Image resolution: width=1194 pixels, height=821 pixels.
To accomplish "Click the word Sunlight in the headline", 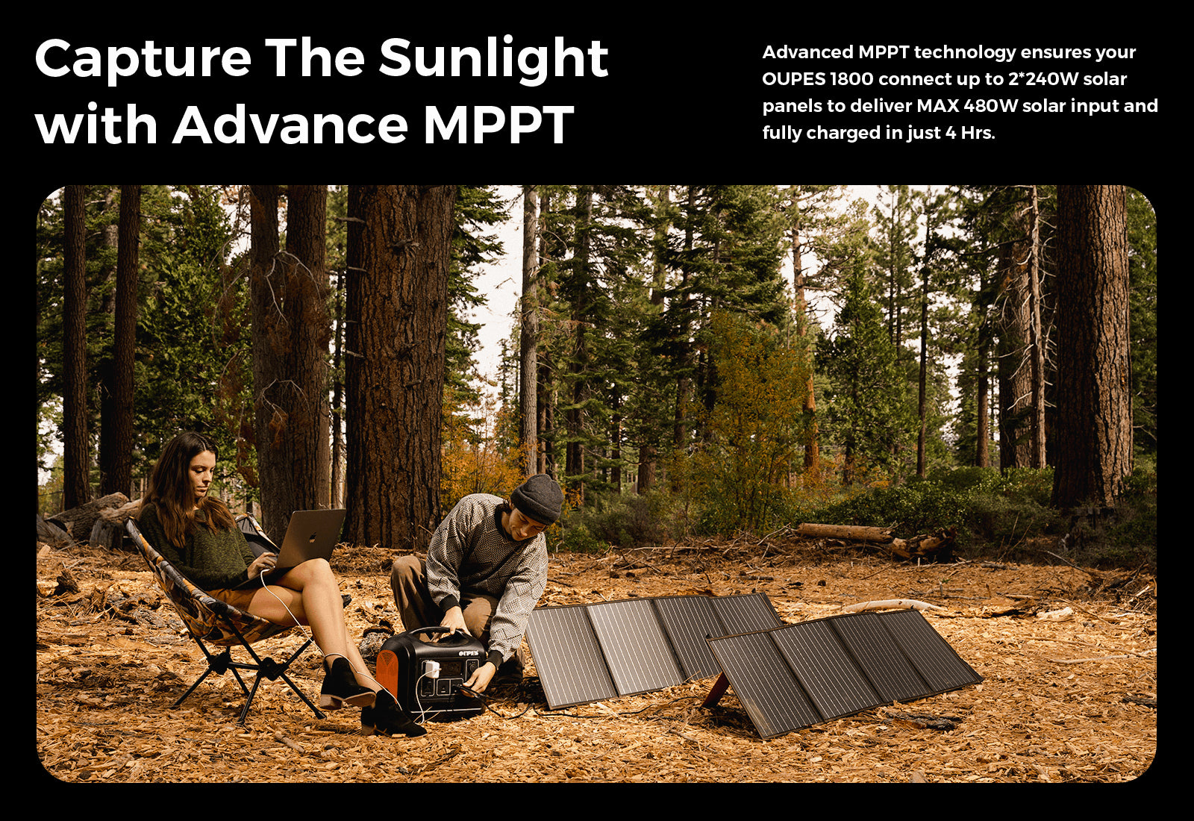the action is (x=493, y=59).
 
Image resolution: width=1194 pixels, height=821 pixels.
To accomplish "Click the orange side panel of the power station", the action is (x=387, y=675).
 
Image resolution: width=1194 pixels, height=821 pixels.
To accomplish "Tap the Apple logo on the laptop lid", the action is (x=310, y=537).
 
